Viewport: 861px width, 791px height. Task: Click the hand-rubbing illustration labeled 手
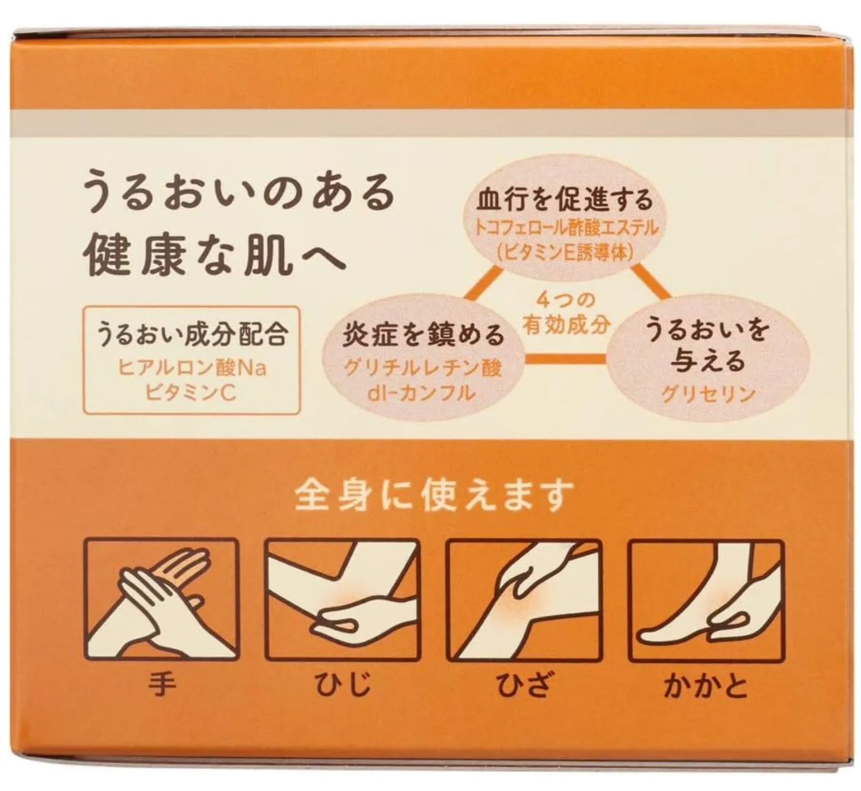(x=162, y=599)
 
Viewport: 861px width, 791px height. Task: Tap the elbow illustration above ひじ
(x=342, y=599)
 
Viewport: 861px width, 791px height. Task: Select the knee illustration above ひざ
(x=524, y=599)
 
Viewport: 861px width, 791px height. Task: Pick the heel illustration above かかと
(x=705, y=599)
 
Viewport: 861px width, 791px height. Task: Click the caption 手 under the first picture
(x=162, y=684)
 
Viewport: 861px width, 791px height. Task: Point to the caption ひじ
(x=342, y=684)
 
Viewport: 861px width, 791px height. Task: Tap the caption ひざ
(x=524, y=684)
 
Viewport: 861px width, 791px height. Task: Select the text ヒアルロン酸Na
(x=191, y=368)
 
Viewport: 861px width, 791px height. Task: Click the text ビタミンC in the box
(x=191, y=394)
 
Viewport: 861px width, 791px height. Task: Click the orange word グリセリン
(x=708, y=394)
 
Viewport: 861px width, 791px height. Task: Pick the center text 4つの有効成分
(x=565, y=314)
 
